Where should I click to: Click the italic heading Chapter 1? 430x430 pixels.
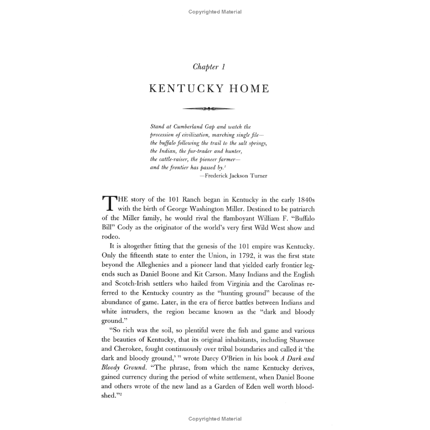point(209,67)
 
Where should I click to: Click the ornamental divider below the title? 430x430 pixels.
point(208,109)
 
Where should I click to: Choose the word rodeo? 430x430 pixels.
point(111,237)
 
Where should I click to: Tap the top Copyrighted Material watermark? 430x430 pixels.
point(215,12)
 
